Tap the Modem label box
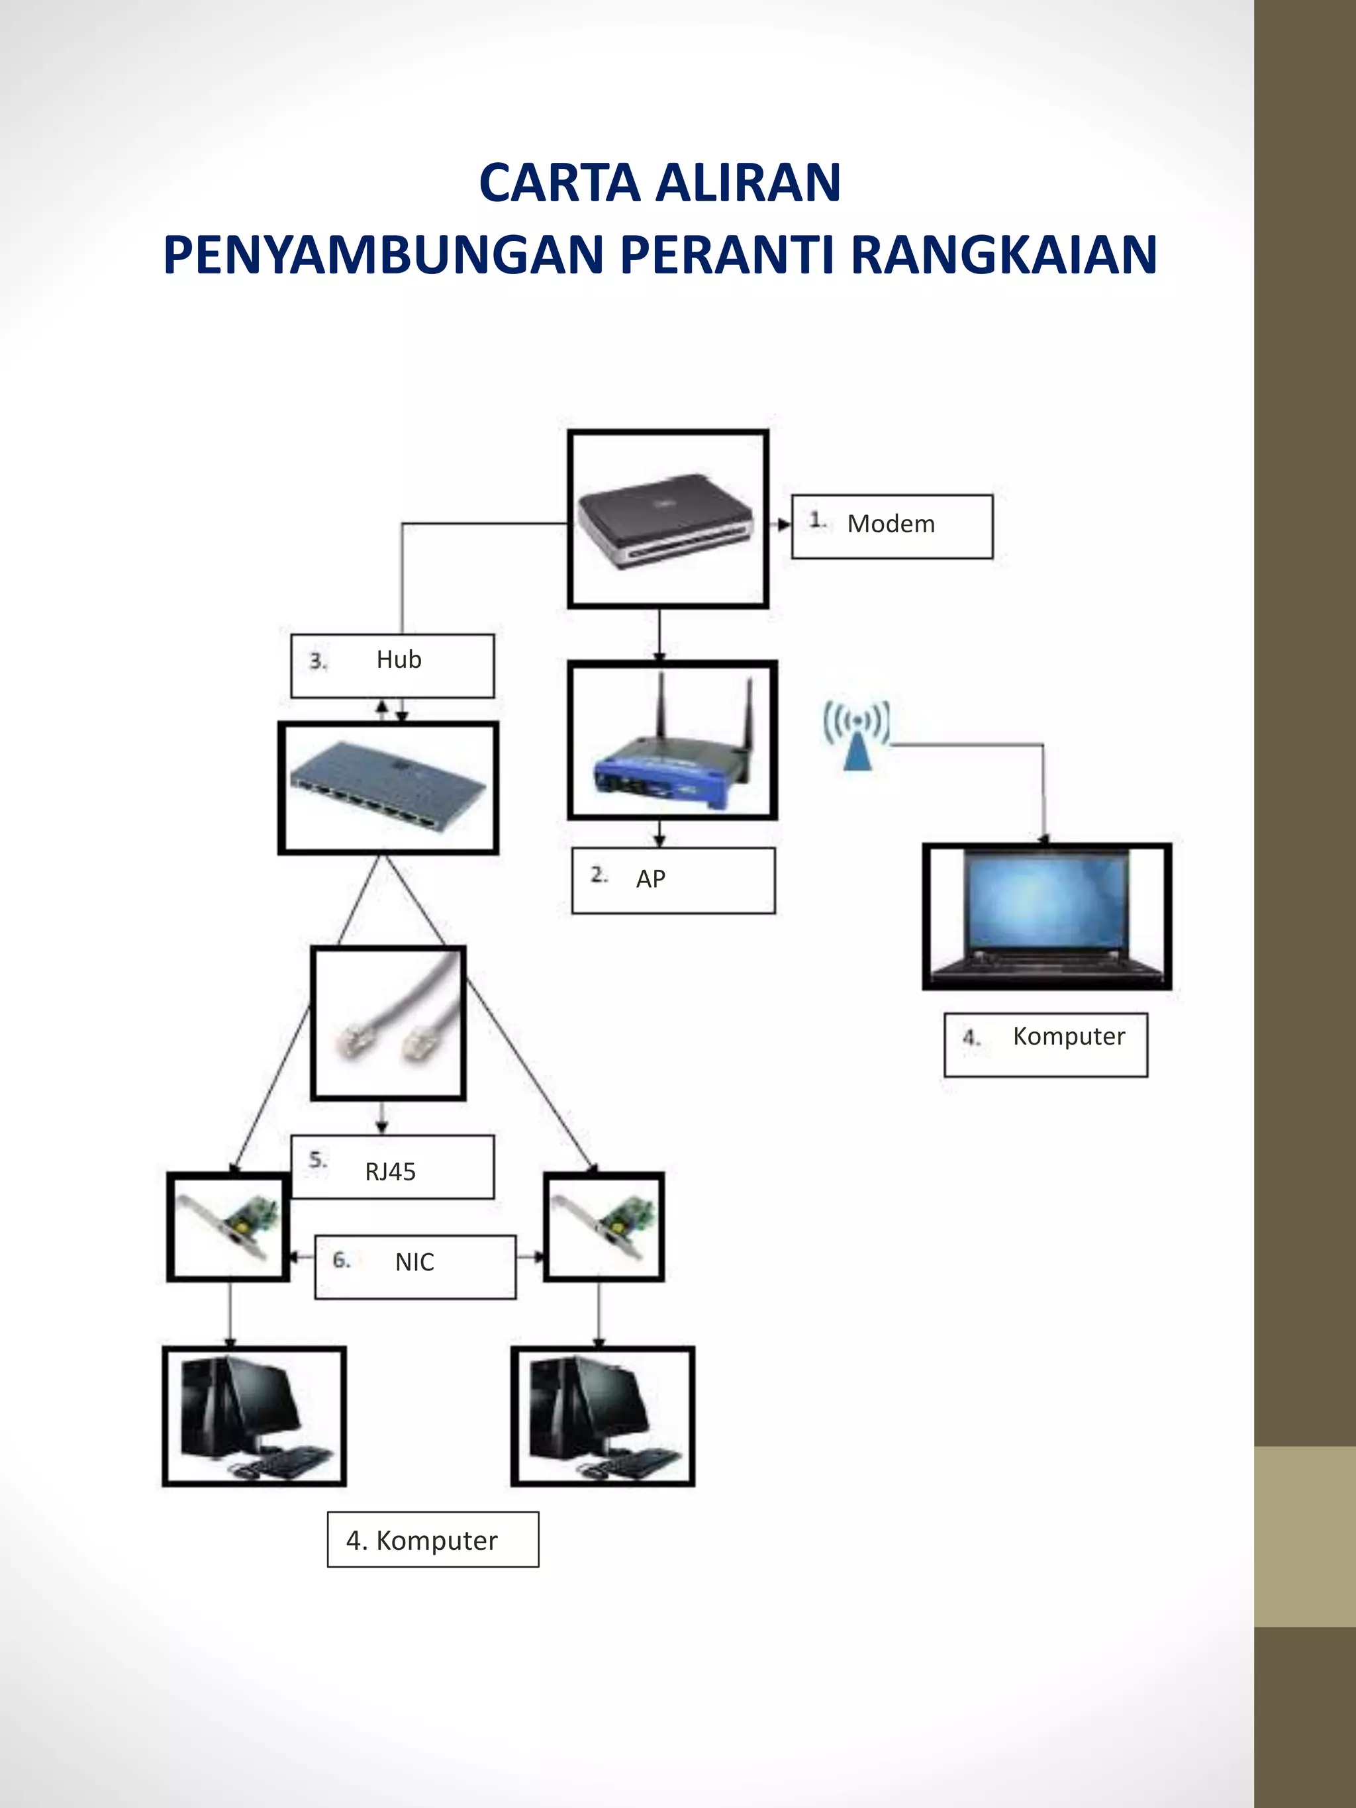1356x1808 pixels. tap(892, 526)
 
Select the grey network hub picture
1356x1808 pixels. tap(388, 788)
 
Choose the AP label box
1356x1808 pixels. tap(673, 880)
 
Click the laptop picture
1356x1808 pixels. tap(1046, 916)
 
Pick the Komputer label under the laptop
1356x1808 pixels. tap(1045, 1045)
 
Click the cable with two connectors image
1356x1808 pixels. tap(388, 1023)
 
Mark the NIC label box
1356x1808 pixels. tap(415, 1266)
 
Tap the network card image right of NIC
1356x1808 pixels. tap(603, 1226)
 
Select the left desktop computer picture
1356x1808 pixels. tap(254, 1417)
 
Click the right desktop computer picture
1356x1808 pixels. tap(603, 1417)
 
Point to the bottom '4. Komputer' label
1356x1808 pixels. tap(432, 1540)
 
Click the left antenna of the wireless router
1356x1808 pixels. tap(662, 710)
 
